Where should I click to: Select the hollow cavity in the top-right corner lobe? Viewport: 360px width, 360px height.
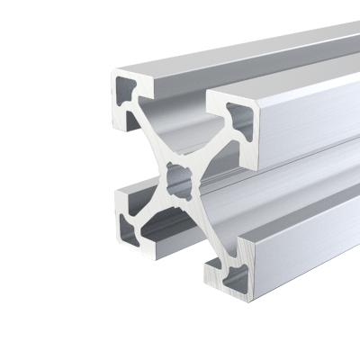pyautogui.click(x=240, y=117)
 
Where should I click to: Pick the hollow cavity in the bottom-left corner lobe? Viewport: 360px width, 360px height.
pyautogui.click(x=128, y=221)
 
